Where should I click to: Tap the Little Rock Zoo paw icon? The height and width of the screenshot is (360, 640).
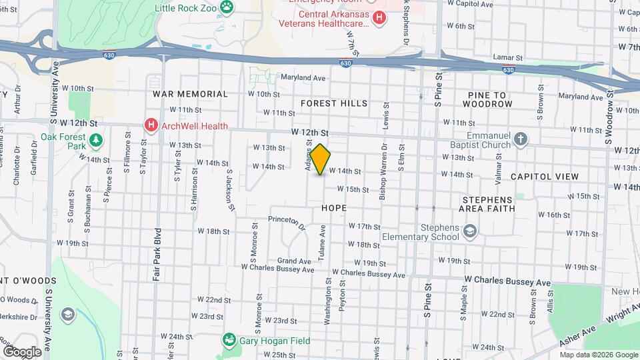click(228, 7)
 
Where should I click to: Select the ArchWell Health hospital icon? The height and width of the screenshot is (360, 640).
click(151, 125)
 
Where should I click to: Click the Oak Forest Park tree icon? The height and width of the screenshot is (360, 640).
click(96, 140)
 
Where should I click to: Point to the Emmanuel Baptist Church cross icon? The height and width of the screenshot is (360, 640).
click(521, 139)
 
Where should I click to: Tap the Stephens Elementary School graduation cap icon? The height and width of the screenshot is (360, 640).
click(471, 231)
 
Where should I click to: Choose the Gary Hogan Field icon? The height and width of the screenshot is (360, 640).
click(229, 340)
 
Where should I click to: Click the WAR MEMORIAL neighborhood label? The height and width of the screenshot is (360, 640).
click(190, 94)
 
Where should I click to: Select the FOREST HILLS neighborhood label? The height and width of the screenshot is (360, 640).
click(334, 103)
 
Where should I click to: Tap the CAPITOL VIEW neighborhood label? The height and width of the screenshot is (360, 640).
click(544, 176)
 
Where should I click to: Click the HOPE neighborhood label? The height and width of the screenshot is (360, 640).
click(334, 208)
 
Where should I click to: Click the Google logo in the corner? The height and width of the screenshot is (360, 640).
click(21, 351)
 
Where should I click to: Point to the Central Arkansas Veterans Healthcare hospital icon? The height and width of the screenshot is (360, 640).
click(379, 17)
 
